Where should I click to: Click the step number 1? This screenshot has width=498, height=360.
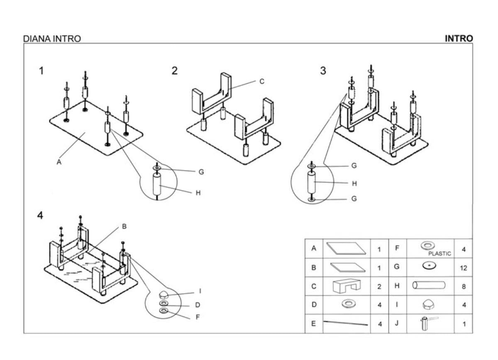point(41,71)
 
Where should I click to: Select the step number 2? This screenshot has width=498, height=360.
point(174,71)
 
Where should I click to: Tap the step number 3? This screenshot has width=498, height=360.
point(323,71)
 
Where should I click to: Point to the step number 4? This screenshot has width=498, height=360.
point(40,216)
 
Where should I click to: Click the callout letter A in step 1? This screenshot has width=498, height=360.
point(59,163)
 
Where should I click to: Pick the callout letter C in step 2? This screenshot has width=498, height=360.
point(261,82)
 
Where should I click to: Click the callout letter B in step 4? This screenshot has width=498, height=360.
point(124,226)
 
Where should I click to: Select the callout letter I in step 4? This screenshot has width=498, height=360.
point(200,291)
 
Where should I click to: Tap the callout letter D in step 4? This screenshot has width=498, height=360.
point(198,305)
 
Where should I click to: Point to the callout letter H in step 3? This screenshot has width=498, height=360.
point(354,183)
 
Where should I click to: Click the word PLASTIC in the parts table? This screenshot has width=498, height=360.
point(436,253)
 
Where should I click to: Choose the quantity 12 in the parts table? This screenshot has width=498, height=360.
point(464,268)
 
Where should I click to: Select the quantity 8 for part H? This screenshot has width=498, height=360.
point(464,286)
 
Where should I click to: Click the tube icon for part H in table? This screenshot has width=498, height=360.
point(429,285)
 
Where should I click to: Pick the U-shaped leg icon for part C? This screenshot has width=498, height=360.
point(347,286)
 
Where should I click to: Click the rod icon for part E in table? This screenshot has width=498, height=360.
point(346,323)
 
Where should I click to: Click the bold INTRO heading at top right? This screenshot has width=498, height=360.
point(459,39)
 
